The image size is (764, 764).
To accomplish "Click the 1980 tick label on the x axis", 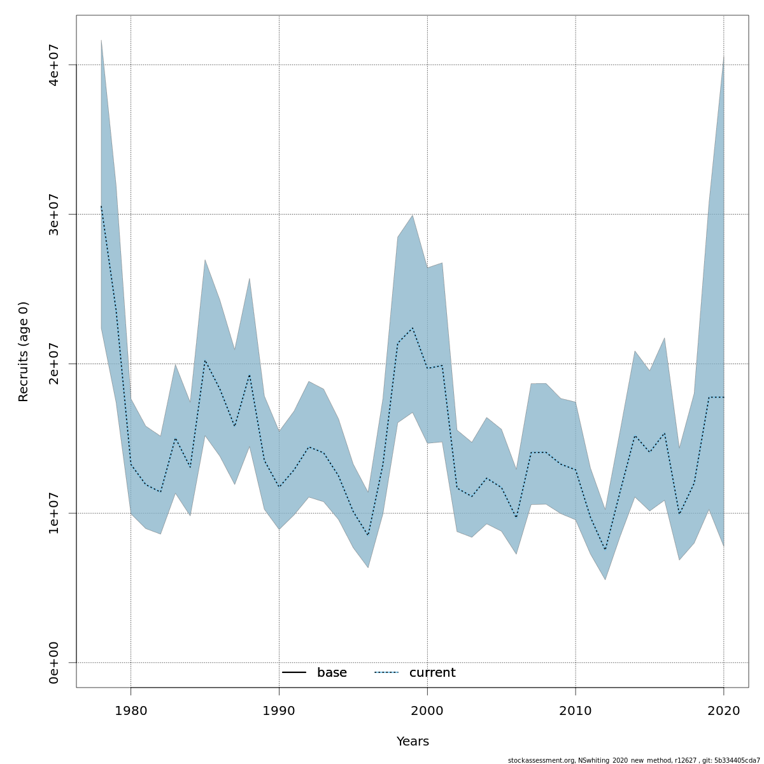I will pos(131,711).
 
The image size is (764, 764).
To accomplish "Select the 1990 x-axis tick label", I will pos(279,711).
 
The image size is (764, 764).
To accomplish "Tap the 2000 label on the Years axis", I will pos(427,711).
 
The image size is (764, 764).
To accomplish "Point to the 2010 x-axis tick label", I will pos(576,711).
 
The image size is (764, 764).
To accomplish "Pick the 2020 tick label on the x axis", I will pos(724,711).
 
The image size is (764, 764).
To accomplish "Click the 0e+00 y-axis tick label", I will pos(54,663).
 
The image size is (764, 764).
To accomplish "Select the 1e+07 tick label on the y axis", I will pos(54,513).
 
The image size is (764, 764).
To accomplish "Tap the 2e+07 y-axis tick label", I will pos(54,364).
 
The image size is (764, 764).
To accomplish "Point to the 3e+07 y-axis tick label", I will pos(54,214).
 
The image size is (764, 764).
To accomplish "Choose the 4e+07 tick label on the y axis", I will pos(54,65).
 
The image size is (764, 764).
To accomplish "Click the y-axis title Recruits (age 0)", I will pos(24,351).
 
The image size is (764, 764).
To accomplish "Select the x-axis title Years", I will pos(413,742).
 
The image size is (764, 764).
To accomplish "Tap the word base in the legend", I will pos(332,673).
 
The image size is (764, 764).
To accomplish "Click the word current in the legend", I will pos(432,673).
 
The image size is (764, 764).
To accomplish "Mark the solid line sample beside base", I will pos(294,673).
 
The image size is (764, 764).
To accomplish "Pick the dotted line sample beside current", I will pos(386,673).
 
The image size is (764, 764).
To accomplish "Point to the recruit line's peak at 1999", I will pos(413,328).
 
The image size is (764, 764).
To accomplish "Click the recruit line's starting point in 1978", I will pos(101,206).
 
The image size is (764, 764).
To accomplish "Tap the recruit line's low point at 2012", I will pos(605,549).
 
